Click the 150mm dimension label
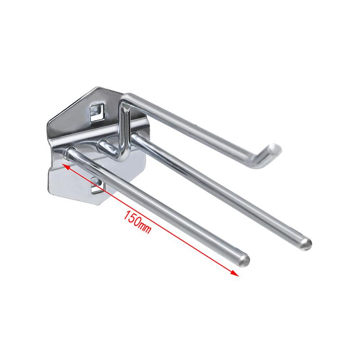click(137, 222)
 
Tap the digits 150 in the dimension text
click(132, 218)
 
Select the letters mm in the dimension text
click(145, 228)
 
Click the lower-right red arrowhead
click(235, 273)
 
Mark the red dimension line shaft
click(150, 220)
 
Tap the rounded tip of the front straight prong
click(244, 261)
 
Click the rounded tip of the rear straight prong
click(306, 243)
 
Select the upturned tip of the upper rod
click(274, 149)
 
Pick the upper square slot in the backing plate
click(97, 112)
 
